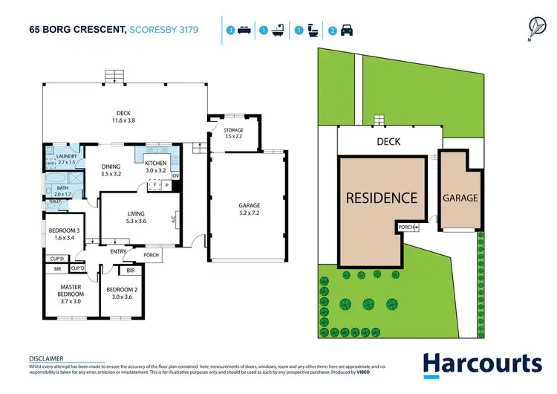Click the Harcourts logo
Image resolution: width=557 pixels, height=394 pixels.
pyautogui.click(x=482, y=364)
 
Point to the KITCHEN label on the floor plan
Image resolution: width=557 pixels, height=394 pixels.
pyautogui.click(x=155, y=167)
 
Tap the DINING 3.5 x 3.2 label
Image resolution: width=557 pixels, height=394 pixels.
pyautogui.click(x=111, y=170)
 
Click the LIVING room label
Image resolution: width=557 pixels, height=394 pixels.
pyautogui.click(x=135, y=217)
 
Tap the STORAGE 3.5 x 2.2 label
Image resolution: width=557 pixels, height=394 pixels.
pyautogui.click(x=233, y=134)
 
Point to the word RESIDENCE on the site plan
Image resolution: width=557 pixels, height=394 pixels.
pyautogui.click(x=381, y=198)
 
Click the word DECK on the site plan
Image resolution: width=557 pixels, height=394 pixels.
pyautogui.click(x=388, y=141)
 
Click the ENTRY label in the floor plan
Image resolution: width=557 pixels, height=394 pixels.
pyautogui.click(x=118, y=252)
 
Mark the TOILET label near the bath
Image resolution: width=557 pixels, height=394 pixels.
pyautogui.click(x=54, y=201)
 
